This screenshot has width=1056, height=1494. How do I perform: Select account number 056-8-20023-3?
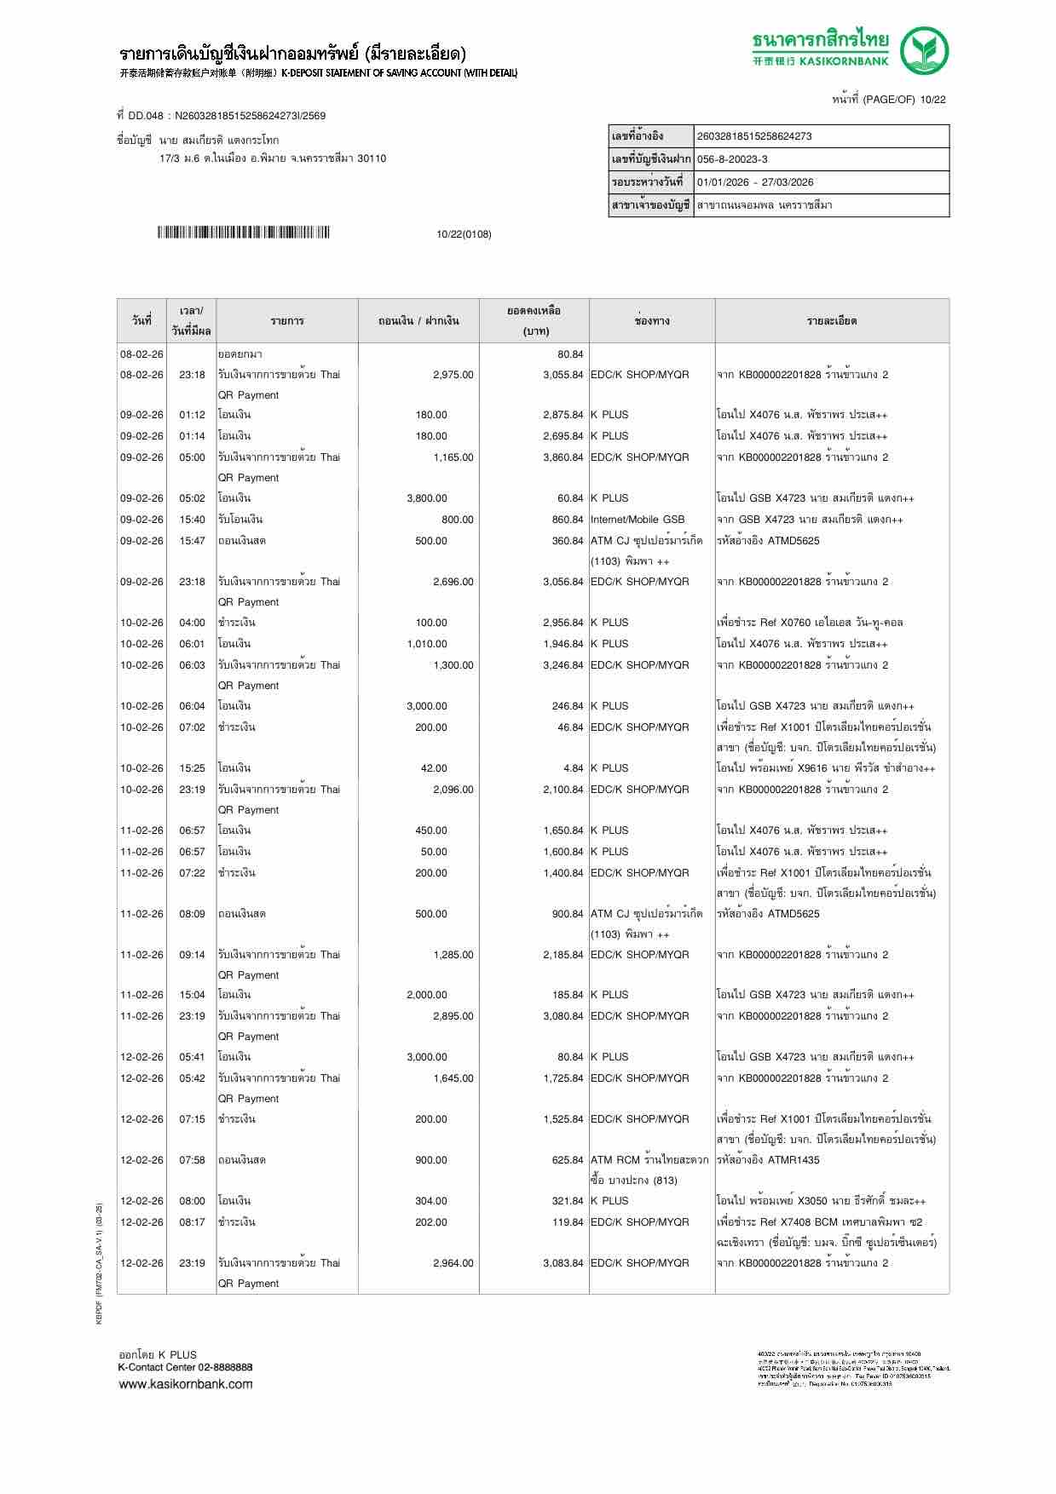click(732, 159)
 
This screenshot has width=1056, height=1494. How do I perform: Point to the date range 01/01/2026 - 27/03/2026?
click(754, 182)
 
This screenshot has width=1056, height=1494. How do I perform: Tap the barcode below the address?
click(243, 233)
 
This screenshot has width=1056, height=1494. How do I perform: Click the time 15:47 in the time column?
click(192, 541)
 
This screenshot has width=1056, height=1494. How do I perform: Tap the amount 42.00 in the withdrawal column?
click(433, 768)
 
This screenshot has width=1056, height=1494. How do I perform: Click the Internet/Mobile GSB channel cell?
click(638, 520)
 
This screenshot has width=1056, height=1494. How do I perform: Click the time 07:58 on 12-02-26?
click(192, 1160)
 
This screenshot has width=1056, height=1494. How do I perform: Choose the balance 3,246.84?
click(563, 665)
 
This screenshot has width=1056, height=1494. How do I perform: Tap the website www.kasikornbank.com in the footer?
click(186, 1384)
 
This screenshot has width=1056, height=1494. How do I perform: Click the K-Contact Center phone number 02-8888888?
click(222, 1367)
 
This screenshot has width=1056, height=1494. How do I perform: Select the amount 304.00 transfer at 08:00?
click(430, 1201)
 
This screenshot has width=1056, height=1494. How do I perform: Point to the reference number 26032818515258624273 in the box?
click(754, 136)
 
